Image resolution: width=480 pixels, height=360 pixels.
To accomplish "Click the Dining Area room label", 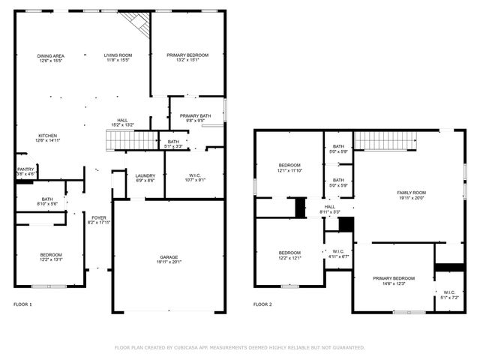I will pos(51,55).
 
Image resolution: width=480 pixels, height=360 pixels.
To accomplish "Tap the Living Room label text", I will pos(118,55).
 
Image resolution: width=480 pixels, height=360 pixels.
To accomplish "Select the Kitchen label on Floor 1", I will pos(47,136).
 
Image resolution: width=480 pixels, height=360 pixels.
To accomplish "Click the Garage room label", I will pos(169,257).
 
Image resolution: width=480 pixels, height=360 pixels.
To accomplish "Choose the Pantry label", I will pos(25,169).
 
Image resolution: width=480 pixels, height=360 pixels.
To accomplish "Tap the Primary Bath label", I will pos(195,115).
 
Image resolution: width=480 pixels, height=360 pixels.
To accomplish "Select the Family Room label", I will pos(411,193).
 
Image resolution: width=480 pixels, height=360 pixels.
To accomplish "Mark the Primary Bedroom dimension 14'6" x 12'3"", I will pos(394,283).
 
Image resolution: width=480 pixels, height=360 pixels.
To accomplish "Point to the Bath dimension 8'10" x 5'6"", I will pos(47,203).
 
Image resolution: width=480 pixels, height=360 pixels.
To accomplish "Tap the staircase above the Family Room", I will pos(384,139).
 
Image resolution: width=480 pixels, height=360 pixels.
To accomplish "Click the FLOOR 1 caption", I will pos(23,304).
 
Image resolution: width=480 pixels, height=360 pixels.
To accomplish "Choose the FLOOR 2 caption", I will pos(262,304).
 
